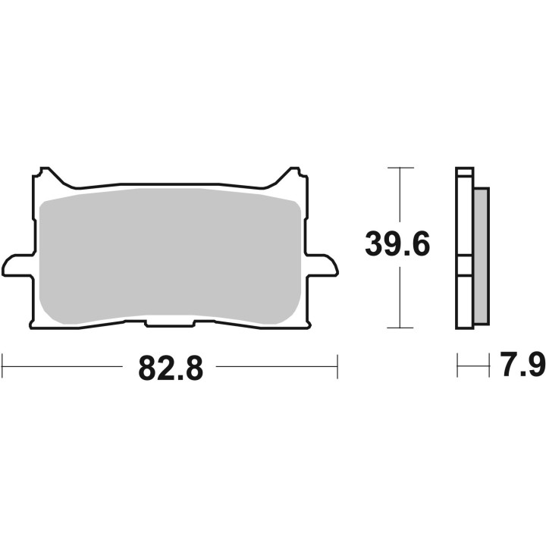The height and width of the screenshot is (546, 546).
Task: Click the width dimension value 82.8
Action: (x=171, y=369)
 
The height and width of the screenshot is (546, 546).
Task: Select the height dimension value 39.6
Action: (x=397, y=246)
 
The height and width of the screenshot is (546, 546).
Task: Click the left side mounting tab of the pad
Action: (x=17, y=265)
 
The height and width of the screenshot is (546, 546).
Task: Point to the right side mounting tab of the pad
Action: (x=322, y=265)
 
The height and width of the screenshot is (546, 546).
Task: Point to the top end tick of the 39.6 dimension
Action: (x=400, y=167)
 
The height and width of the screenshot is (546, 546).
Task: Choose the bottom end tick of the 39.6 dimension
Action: (x=400, y=328)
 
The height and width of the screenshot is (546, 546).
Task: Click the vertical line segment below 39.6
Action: (x=400, y=300)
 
